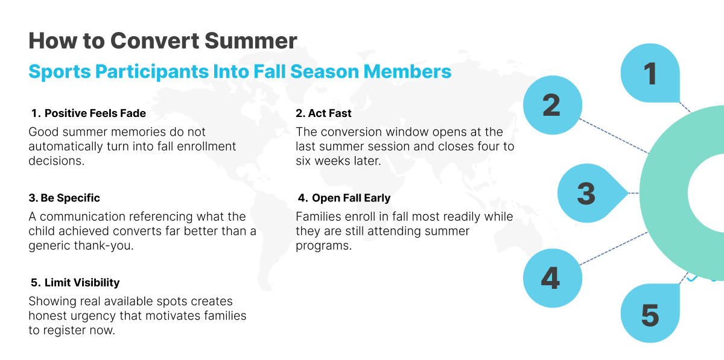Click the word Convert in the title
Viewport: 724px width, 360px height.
click(155, 41)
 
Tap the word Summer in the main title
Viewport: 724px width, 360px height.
click(251, 41)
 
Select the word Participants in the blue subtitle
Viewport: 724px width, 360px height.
click(152, 72)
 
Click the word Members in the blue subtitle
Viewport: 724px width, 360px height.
click(407, 71)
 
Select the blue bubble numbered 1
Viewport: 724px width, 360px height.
click(650, 73)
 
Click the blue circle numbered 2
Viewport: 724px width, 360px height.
click(553, 105)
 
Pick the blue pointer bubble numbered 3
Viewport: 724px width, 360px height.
click(590, 193)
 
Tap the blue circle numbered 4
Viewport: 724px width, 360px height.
click(553, 278)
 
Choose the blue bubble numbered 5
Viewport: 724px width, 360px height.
click(650, 313)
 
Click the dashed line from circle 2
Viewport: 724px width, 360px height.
click(614, 136)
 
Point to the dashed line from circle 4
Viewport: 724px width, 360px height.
click(614, 248)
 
